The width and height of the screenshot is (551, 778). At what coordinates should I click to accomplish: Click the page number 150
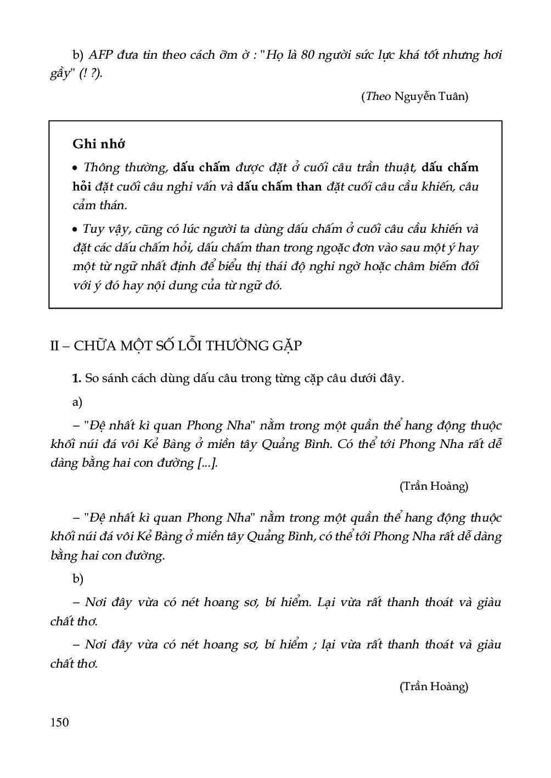coord(59,722)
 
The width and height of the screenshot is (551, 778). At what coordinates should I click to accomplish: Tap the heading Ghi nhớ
coord(99,144)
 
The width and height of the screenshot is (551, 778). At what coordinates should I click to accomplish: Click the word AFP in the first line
coord(102,55)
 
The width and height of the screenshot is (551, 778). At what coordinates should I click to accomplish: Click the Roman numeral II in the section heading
coord(55,346)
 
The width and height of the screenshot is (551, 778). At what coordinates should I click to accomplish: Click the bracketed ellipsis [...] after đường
coord(206,463)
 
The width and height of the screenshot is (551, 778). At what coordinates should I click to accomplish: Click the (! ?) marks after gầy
coord(90,74)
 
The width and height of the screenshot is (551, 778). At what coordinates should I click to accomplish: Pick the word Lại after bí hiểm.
coord(329,602)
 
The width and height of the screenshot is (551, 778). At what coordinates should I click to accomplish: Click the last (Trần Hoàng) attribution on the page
coord(434,686)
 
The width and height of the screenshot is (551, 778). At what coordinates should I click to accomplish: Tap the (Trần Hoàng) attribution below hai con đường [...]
coord(434,486)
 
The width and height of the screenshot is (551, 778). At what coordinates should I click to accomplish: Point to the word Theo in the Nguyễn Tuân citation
coord(377,97)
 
